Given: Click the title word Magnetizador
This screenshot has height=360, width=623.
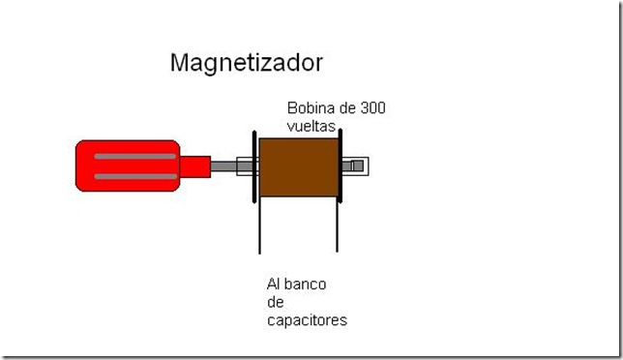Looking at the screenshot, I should tap(246, 63).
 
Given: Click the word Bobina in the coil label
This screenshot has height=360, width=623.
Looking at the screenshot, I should tap(309, 108).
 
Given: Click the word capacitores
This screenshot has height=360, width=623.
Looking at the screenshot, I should tap(306, 319).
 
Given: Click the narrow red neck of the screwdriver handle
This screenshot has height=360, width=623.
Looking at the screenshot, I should tap(195, 166).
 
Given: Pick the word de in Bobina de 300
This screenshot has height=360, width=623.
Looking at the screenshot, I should tap(341, 108).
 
